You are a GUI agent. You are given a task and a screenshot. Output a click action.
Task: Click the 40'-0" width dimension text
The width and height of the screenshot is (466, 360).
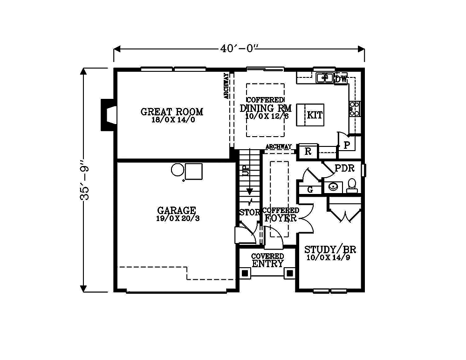tap(239, 48)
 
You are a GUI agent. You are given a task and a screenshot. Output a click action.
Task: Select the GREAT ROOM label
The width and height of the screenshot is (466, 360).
tap(172, 112)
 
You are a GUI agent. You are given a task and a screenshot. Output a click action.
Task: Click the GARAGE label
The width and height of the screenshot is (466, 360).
tap(177, 210)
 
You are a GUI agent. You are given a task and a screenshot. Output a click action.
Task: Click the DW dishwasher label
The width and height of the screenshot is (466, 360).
tap(341, 79)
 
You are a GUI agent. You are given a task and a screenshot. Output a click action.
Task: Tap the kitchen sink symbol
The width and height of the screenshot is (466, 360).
tap(324, 77)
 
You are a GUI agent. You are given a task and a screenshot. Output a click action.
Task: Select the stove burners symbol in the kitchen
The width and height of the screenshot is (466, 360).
tap(355, 109)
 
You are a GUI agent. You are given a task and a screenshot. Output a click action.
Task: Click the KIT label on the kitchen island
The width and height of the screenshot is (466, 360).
tap(315, 115)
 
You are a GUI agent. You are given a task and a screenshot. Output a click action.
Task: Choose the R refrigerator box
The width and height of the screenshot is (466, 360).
tap(308, 152)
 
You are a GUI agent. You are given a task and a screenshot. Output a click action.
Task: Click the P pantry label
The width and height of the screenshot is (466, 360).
tap(347, 145)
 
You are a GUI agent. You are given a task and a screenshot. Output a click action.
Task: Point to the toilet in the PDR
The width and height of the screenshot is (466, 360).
tap(352, 185)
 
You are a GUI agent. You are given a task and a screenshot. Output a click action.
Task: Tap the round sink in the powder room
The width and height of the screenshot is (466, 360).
tap(333, 187)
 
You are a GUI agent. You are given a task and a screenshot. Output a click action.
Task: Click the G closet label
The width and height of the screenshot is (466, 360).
tap(310, 189)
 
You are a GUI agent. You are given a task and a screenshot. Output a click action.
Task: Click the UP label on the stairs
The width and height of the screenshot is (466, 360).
tap(246, 171)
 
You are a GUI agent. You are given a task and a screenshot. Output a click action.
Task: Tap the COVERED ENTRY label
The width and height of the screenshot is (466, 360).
tap(267, 260)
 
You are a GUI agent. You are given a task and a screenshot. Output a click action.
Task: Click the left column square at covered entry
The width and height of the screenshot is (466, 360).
tap(245, 273)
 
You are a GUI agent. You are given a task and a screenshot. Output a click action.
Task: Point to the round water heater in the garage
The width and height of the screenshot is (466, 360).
tap(178, 170)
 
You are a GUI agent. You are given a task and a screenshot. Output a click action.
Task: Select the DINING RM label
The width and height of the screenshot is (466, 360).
tap(266, 108)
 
